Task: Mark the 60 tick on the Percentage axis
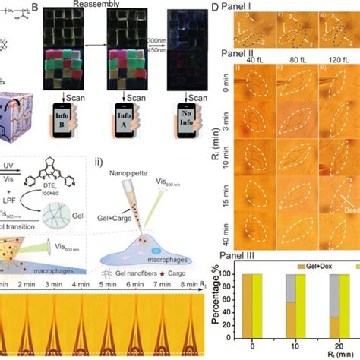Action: pos(227,297)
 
